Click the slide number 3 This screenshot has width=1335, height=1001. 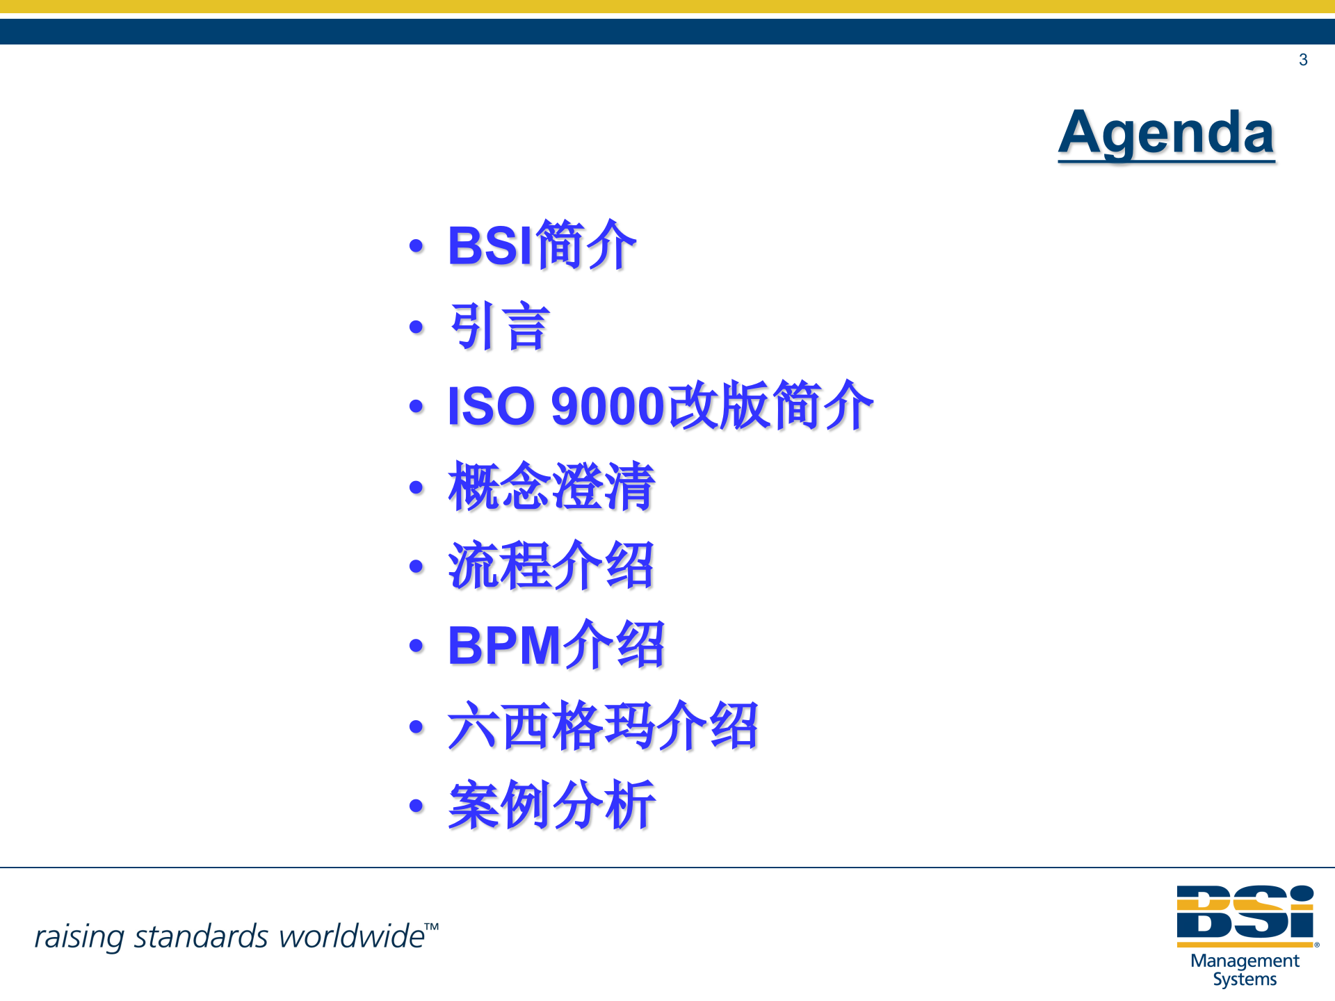click(x=1303, y=60)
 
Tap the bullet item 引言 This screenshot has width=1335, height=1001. click(x=499, y=326)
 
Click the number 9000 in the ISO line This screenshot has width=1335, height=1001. click(x=608, y=406)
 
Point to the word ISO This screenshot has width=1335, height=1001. click(x=491, y=406)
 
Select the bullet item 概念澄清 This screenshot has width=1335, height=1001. click(x=551, y=487)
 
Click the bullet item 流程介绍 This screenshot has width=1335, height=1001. click(x=551, y=566)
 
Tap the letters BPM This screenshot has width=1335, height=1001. click(x=504, y=646)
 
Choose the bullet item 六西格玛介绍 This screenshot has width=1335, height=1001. click(x=603, y=726)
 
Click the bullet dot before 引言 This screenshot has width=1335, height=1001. click(x=416, y=327)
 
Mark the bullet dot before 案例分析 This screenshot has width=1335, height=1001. click(x=416, y=806)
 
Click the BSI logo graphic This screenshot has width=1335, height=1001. click(x=1245, y=914)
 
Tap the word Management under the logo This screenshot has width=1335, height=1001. click(x=1245, y=961)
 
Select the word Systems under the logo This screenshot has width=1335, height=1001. click(x=1245, y=979)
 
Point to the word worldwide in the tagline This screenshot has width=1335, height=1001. click(x=351, y=936)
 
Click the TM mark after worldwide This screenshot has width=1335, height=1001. click(x=432, y=927)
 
